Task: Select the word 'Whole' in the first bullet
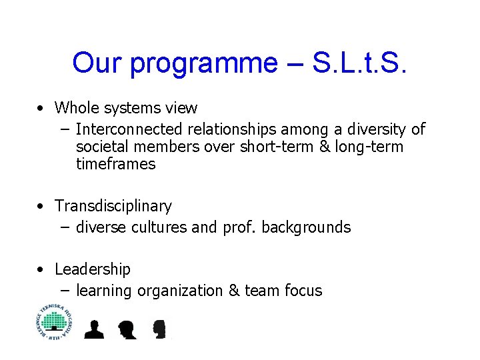coord(76,107)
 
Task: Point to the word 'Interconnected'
coord(131,129)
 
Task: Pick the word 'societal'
coord(101,147)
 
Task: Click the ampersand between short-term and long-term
coord(325,147)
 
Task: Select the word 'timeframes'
coord(116,164)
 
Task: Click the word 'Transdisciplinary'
coord(113,206)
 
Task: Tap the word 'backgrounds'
coord(306,227)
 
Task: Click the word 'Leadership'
coord(93,269)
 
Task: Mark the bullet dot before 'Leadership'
coord(41,270)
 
